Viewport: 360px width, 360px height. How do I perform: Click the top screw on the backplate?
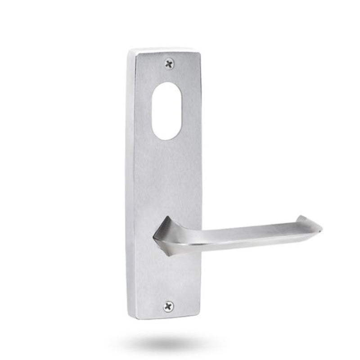(169, 64)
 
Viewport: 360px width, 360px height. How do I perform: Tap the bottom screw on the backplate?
(168, 306)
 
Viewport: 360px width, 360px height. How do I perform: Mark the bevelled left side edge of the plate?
(131, 180)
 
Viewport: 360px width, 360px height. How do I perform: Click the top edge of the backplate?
(164, 49)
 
